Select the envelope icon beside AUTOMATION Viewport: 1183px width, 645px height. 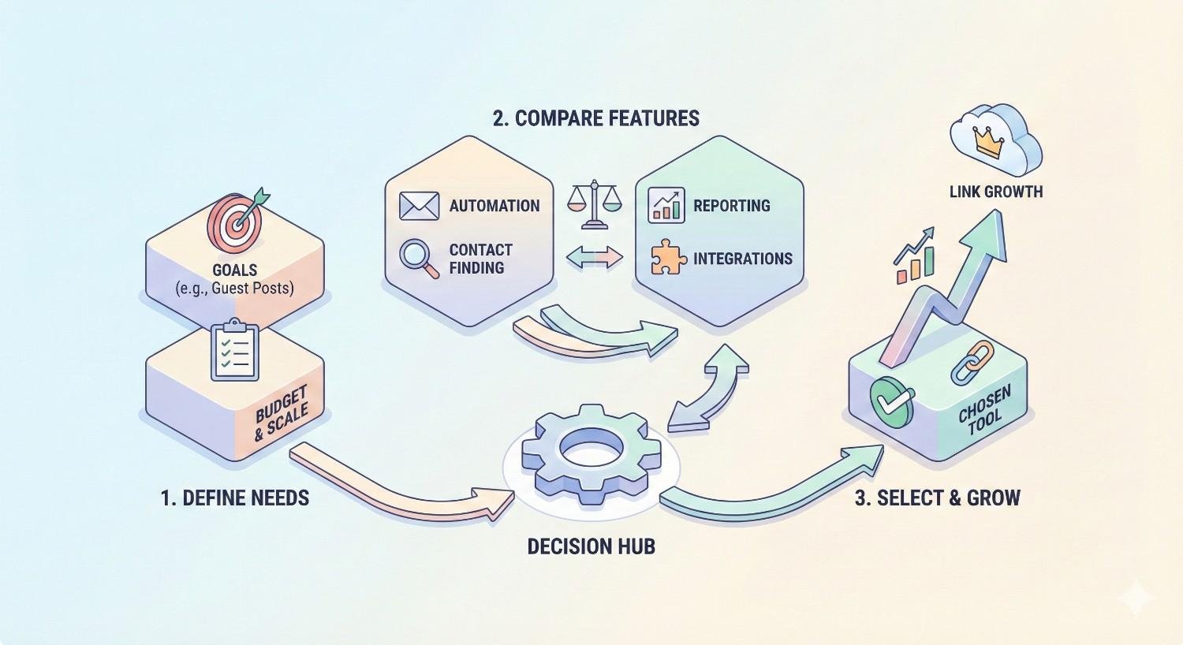(419, 206)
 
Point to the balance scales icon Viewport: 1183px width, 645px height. (595, 204)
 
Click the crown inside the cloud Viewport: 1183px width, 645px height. (989, 143)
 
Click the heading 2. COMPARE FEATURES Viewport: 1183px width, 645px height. (595, 118)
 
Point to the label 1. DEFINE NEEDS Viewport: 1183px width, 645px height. (234, 498)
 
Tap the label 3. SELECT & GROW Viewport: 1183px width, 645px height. (937, 498)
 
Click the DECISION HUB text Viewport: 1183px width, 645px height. (591, 546)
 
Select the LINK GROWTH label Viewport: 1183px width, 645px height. (995, 191)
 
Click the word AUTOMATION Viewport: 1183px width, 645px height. (494, 206)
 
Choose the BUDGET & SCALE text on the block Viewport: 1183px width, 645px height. (282, 415)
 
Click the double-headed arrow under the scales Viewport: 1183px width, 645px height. (595, 257)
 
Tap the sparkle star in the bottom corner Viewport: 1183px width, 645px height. (1136, 598)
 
